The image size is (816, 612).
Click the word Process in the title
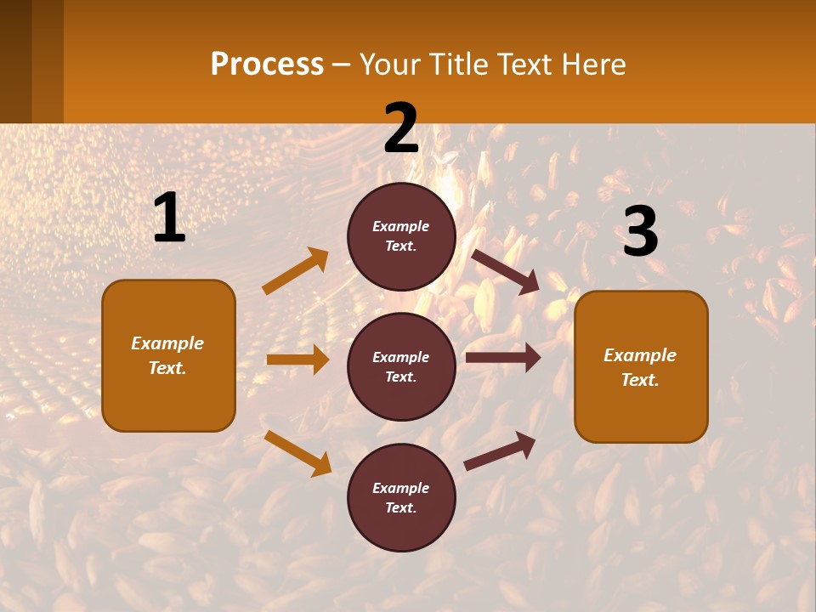tap(267, 65)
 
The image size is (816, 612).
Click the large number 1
tap(169, 218)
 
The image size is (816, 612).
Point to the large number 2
tap(401, 129)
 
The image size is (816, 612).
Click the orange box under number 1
tap(168, 355)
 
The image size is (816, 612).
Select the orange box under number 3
tap(641, 367)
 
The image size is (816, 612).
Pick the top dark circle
tap(401, 236)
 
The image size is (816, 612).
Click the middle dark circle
tap(401, 367)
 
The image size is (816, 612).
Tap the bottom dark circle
tap(401, 498)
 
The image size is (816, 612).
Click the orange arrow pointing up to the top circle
tap(295, 271)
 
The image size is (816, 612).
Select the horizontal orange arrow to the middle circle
tap(297, 360)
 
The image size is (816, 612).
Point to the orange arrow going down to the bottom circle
tap(297, 453)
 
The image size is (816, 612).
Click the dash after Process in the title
tap(341, 65)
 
